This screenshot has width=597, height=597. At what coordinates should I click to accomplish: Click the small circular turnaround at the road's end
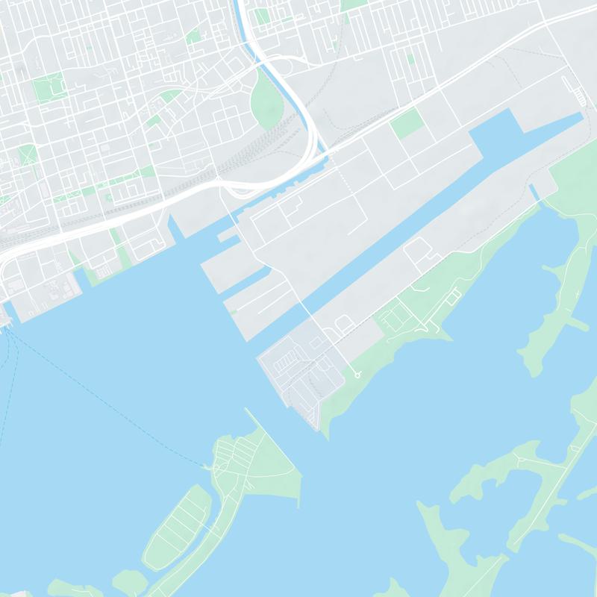[357, 375]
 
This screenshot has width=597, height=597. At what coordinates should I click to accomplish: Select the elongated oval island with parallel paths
[177, 526]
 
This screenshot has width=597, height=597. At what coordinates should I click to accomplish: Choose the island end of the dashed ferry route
[206, 466]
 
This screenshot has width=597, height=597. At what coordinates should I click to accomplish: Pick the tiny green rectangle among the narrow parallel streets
[410, 59]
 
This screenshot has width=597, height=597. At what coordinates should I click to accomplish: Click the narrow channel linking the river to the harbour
[298, 175]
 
